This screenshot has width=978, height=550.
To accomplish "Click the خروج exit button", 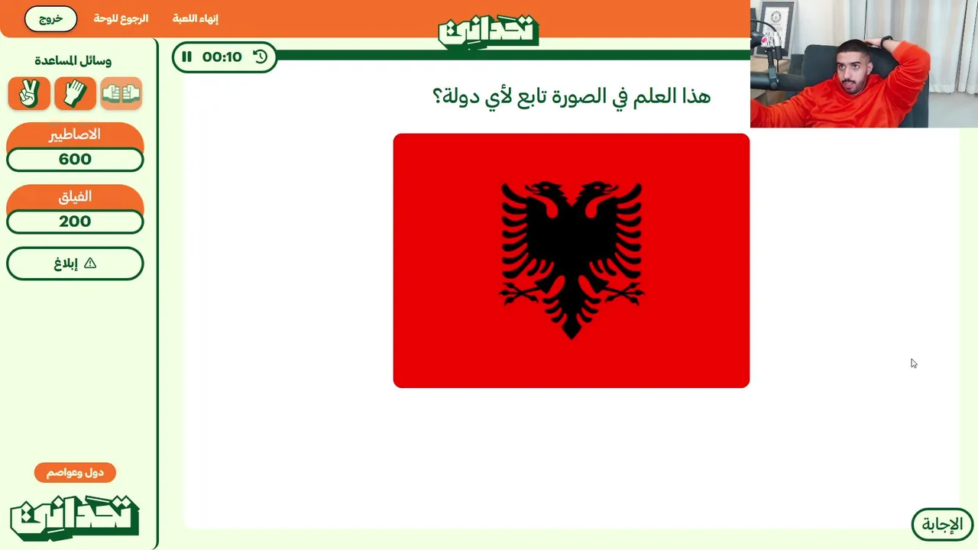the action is click(50, 19).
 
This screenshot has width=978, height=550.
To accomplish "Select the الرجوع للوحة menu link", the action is click(121, 19).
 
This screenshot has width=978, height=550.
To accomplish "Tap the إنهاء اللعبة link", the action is click(195, 19).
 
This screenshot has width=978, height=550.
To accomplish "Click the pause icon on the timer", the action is click(187, 57).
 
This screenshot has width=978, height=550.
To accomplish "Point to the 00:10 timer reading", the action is click(222, 57).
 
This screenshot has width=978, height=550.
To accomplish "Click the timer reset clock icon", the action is click(261, 57).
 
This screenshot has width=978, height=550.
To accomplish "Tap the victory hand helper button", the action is click(29, 93).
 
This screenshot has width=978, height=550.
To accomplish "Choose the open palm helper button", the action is click(75, 93).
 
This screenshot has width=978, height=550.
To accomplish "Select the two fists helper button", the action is click(121, 93).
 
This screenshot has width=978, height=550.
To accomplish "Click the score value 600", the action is click(75, 160).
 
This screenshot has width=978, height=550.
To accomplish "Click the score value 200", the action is click(75, 222).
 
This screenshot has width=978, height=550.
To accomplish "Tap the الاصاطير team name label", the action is click(75, 134).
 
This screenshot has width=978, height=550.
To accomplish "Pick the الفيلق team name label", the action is click(75, 196).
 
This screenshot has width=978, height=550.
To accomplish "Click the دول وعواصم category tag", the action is click(75, 473).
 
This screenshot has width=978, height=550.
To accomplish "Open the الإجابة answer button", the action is click(942, 524).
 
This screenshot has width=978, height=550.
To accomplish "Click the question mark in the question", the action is click(437, 96).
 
